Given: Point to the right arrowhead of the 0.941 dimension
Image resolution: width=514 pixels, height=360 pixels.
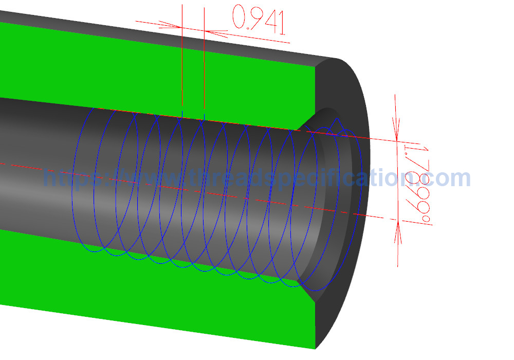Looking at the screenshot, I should point(216,32).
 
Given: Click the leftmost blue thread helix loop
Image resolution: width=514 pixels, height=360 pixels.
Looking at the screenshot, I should point(77,180).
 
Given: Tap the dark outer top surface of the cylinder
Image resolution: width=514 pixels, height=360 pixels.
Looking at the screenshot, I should point(154,33).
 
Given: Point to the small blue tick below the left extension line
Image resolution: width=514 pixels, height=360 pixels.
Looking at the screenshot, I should point(182,112).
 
